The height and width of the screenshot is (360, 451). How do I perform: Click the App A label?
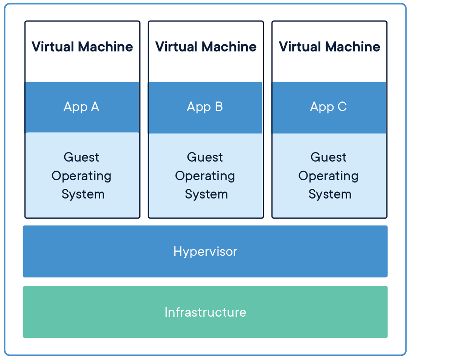click(81, 107)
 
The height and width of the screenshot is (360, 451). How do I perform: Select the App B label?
click(205, 107)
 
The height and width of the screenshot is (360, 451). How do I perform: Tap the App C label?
click(328, 107)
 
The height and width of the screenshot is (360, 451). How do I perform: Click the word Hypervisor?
click(205, 252)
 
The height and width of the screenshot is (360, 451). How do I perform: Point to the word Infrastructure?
click(205, 312)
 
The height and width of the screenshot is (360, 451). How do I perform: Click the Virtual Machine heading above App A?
click(82, 47)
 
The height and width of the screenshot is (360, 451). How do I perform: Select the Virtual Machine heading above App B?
click(206, 47)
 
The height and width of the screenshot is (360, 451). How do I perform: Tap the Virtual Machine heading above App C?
click(329, 47)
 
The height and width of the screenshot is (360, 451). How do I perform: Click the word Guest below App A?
click(81, 157)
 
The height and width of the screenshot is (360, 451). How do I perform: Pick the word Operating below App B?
click(205, 176)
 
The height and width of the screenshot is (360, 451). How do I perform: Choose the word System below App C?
click(330, 194)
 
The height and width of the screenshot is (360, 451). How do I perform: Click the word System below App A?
click(83, 194)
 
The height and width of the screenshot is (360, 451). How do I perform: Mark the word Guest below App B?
click(205, 157)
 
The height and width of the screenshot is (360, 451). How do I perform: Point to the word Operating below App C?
click(328, 176)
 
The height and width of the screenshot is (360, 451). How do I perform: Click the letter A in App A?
click(94, 107)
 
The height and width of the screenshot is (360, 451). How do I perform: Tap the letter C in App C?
click(342, 107)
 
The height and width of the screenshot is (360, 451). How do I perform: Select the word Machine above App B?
click(229, 47)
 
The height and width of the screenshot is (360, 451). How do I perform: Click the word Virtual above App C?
click(300, 47)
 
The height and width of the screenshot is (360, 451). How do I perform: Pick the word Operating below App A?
click(81, 176)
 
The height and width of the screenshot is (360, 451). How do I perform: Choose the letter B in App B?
click(218, 107)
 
